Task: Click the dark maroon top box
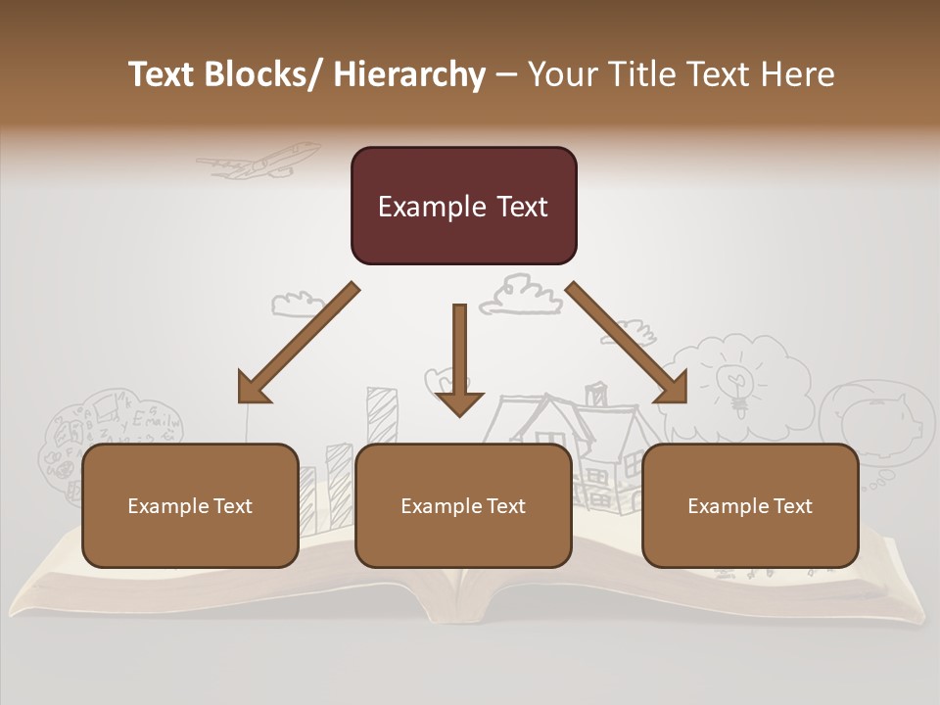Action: (463, 206)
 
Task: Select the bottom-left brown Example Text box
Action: (190, 505)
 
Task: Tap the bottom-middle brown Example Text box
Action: (463, 505)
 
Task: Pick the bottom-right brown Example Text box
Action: (750, 505)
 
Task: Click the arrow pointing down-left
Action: (296, 344)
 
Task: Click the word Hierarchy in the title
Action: (409, 74)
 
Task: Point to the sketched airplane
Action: (260, 161)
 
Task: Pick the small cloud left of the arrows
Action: (297, 303)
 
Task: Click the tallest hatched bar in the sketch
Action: (382, 415)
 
